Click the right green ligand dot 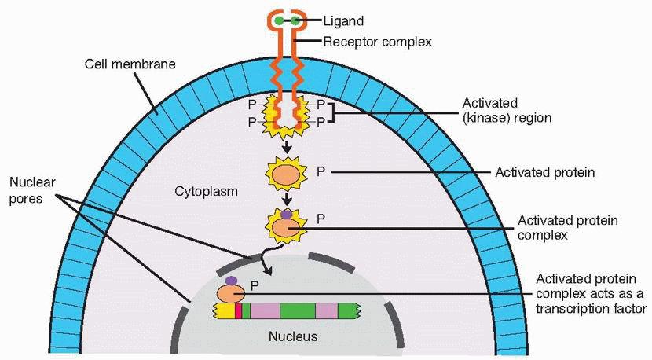click(295, 20)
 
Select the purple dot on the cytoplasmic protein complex click(287, 212)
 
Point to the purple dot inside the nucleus click(231, 281)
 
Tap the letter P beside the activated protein click(321, 171)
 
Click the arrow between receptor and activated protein click(287, 147)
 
